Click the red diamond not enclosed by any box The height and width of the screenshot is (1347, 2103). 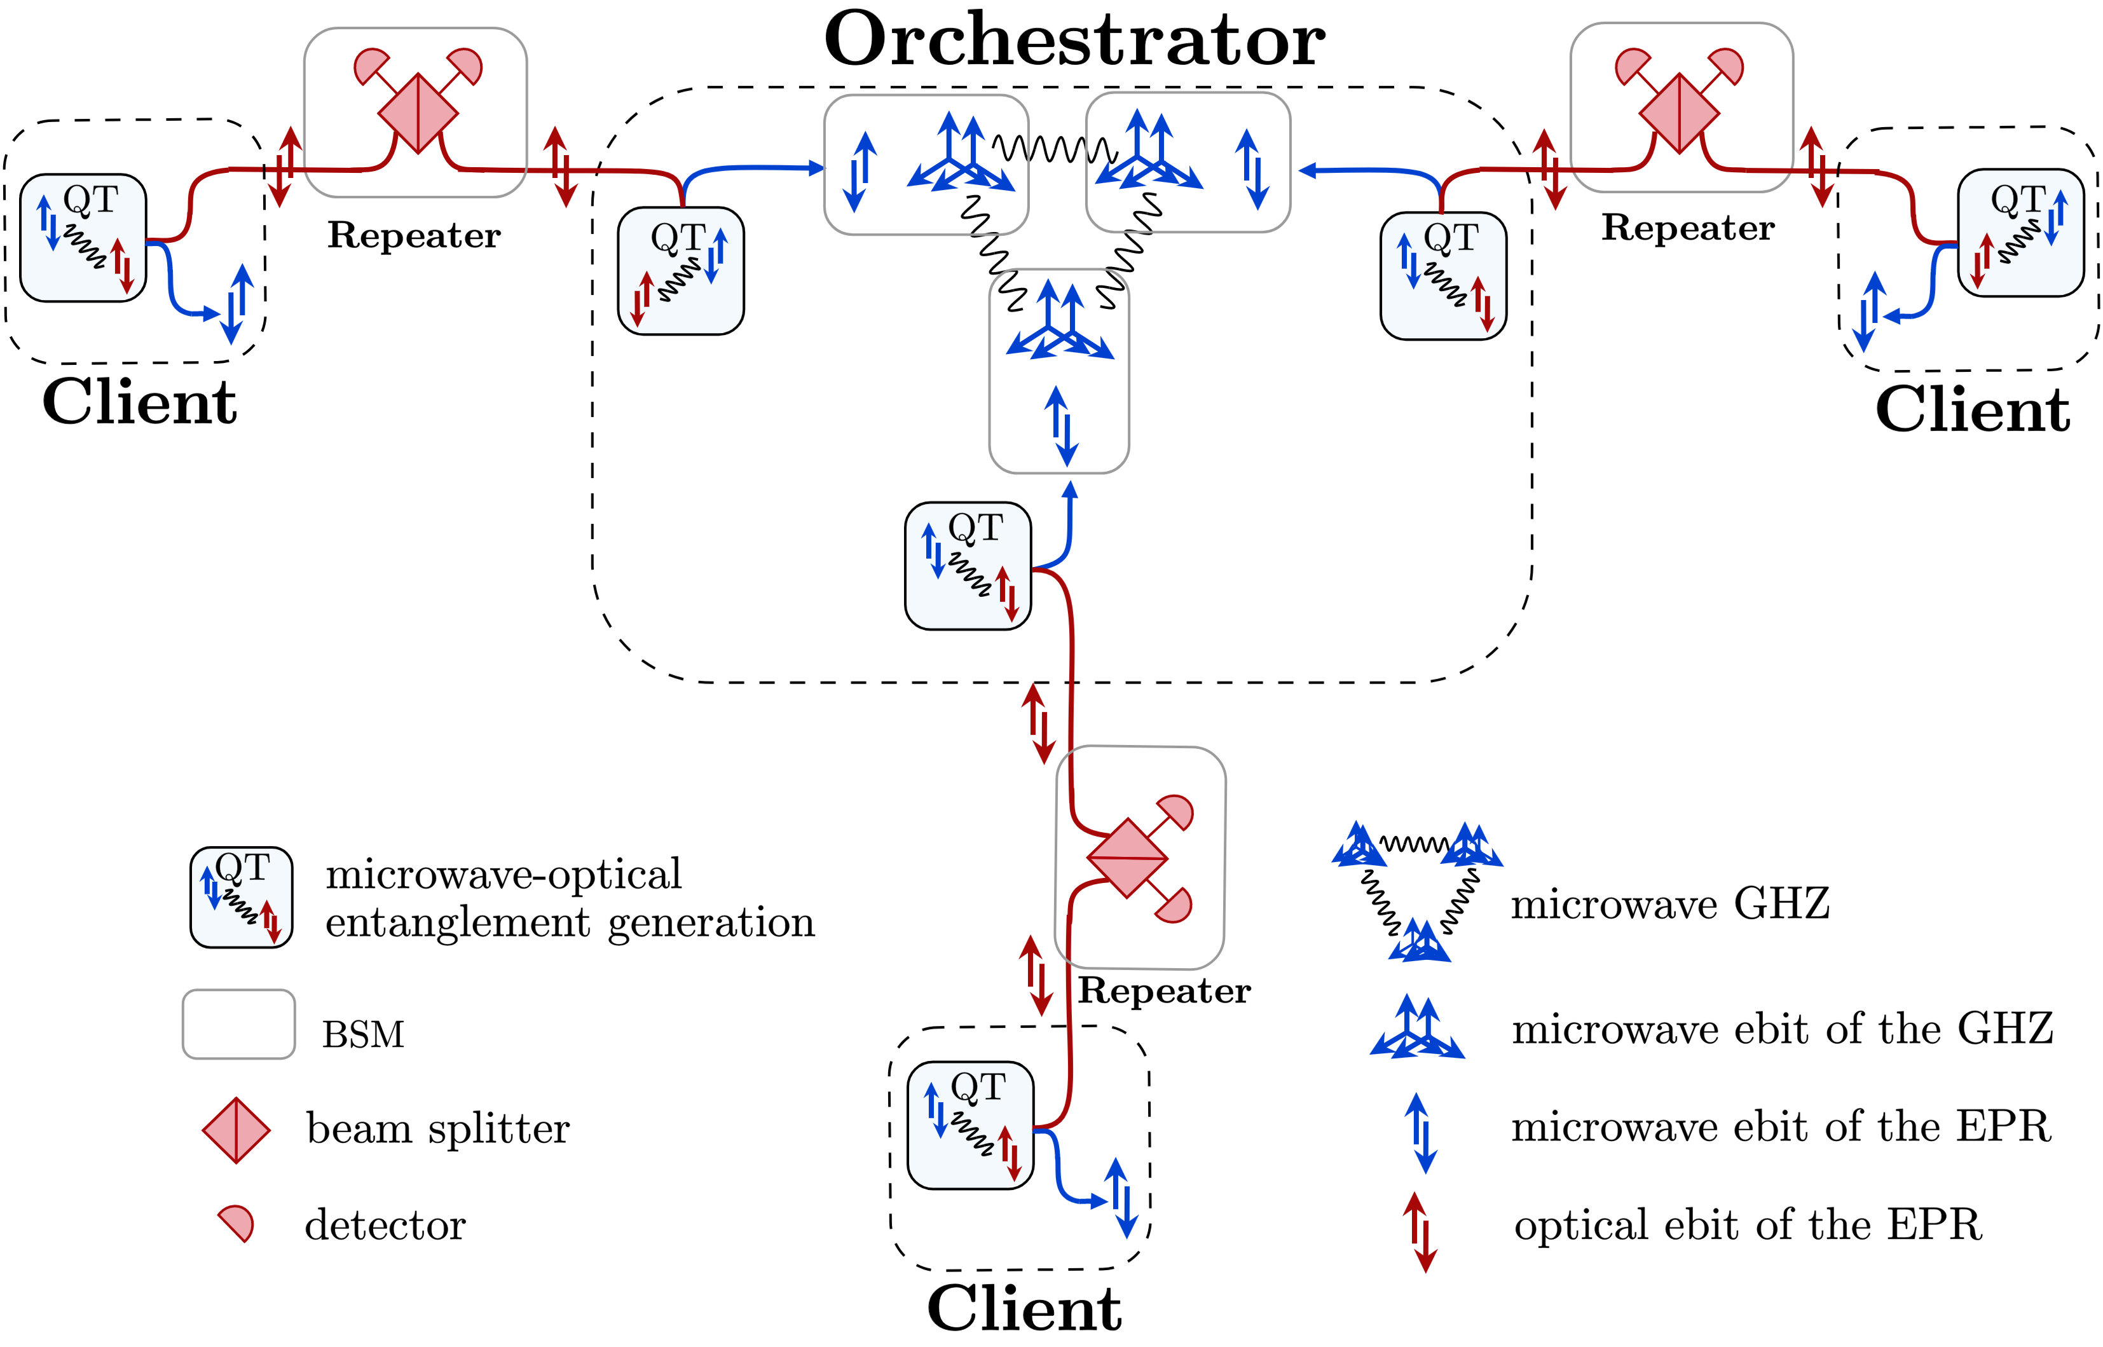(x=236, y=1130)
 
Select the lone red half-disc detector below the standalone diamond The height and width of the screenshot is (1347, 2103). (x=238, y=1222)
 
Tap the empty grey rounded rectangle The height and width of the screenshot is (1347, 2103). (x=239, y=1024)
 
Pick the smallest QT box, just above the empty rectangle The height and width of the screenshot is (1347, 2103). (x=242, y=896)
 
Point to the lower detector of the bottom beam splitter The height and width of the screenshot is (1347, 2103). (x=1175, y=905)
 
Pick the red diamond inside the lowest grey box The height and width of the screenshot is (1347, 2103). (x=1128, y=858)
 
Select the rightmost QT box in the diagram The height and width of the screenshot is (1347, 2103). (x=2021, y=233)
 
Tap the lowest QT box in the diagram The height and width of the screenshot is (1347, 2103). (x=970, y=1125)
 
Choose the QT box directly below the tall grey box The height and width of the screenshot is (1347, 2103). (x=968, y=565)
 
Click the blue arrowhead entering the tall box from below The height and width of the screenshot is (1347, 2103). (x=1069, y=489)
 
